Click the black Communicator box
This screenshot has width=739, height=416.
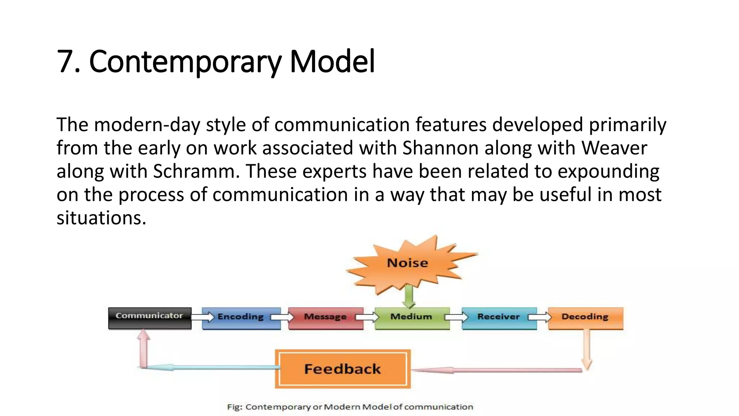tap(149, 318)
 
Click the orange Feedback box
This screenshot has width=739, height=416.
tap(342, 369)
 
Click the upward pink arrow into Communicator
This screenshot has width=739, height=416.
tap(144, 348)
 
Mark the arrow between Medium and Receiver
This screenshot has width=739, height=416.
tap(456, 317)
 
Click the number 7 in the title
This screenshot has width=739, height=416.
tap(65, 61)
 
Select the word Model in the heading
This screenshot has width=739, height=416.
tap(332, 61)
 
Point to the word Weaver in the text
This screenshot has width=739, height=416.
tap(614, 148)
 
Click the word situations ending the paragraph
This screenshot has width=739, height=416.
tap(101, 218)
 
